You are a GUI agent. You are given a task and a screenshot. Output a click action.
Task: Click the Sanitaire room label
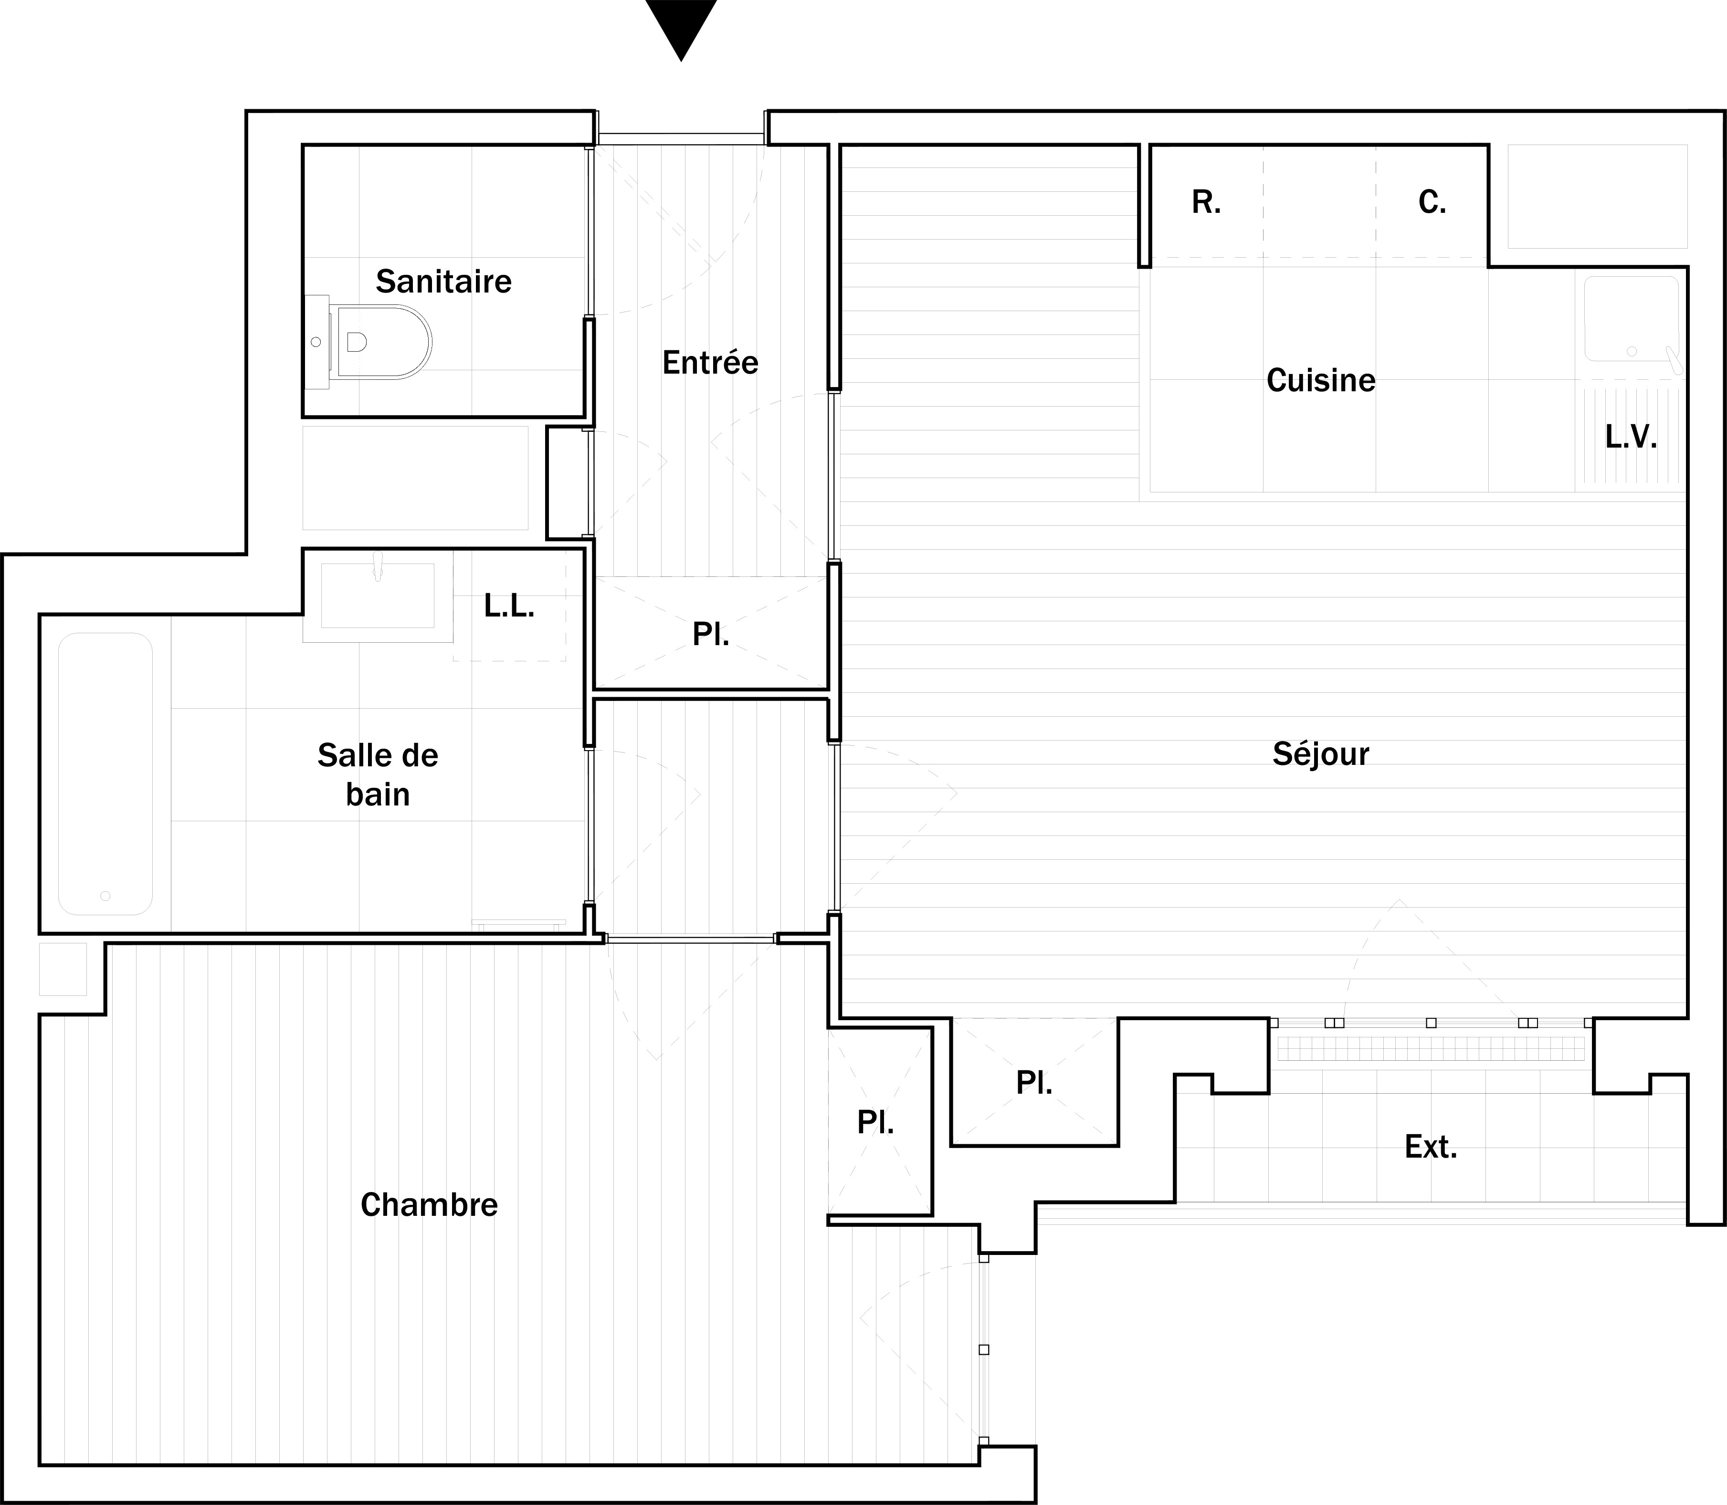443,282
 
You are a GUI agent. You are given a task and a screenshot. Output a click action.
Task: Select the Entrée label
711,363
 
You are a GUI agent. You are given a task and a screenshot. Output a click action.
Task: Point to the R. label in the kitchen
1206,202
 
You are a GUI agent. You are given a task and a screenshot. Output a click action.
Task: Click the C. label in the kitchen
1432,202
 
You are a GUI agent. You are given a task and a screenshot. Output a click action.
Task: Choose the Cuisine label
1321,380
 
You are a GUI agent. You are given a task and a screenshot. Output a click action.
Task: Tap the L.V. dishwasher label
1631,437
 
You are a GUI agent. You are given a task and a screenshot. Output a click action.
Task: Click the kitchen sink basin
1631,319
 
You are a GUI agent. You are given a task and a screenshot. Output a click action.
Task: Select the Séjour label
1321,755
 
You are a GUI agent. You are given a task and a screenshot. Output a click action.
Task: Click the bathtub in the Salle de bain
105,773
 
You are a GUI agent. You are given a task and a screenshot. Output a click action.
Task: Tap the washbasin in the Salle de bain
378,596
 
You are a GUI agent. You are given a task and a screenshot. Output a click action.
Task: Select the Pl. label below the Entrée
711,635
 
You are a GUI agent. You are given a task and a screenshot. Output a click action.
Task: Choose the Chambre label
429,1205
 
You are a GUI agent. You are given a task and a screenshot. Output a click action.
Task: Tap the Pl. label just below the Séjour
1034,1083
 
